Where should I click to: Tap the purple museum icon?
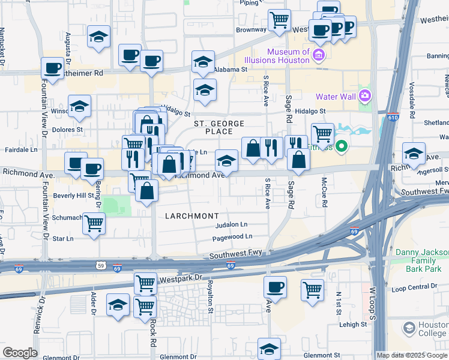pyautogui.click(x=319, y=56)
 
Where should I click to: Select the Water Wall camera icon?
pyautogui.click(x=364, y=95)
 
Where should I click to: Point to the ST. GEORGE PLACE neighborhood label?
pyautogui.click(x=219, y=127)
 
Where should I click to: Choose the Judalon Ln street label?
pyautogui.click(x=231, y=224)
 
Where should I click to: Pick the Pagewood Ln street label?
pyautogui.click(x=232, y=238)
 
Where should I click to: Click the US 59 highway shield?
pyautogui.click(x=100, y=265)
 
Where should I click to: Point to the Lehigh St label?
pyautogui.click(x=352, y=324)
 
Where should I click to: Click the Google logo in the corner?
pyautogui.click(x=20, y=353)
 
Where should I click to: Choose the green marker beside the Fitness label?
pyautogui.click(x=342, y=146)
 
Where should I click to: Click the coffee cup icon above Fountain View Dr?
pyautogui.click(x=53, y=68)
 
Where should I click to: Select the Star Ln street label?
pyautogui.click(x=63, y=238)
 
